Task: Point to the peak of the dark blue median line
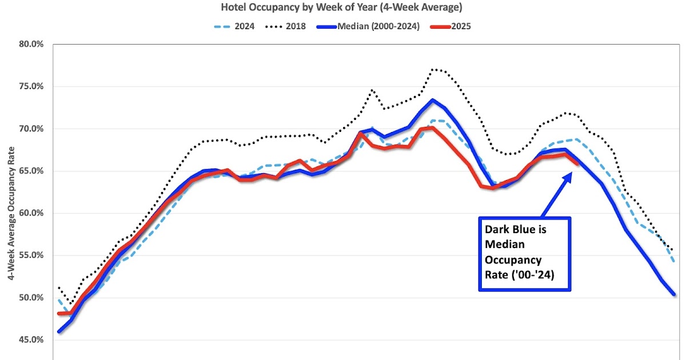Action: [433, 101]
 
